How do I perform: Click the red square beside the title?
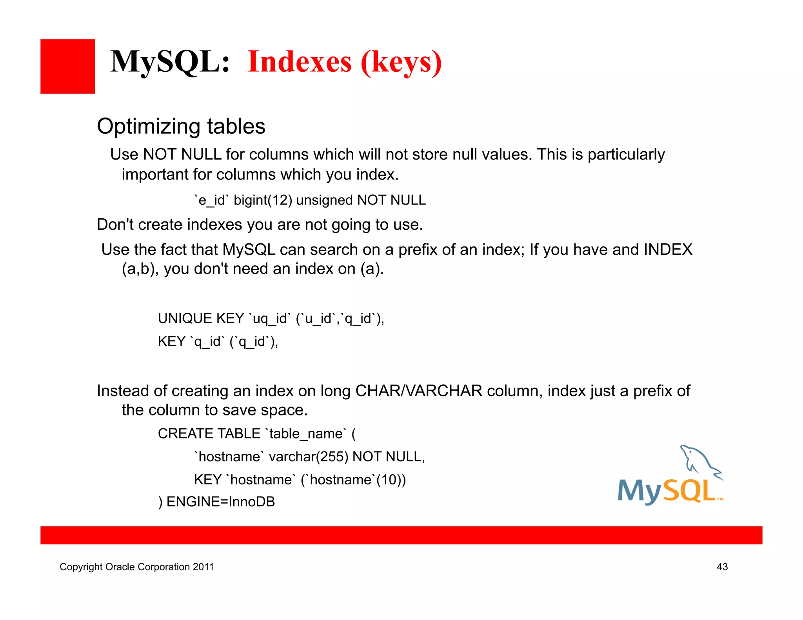[x=67, y=66]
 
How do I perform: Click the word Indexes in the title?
[x=300, y=62]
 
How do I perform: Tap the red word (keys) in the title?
[x=401, y=63]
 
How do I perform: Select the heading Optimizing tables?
[x=181, y=127]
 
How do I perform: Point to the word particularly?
[x=626, y=155]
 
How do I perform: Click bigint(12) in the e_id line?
[x=263, y=200]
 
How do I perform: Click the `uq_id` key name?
[x=270, y=318]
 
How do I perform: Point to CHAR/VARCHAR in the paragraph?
[x=418, y=391]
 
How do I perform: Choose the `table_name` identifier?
[x=306, y=433]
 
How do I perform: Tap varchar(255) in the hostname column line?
[x=309, y=457]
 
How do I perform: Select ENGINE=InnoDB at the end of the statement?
[x=220, y=502]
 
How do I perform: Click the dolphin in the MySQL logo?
[x=700, y=461]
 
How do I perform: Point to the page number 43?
[x=722, y=567]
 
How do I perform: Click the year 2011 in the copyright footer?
[x=203, y=567]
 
